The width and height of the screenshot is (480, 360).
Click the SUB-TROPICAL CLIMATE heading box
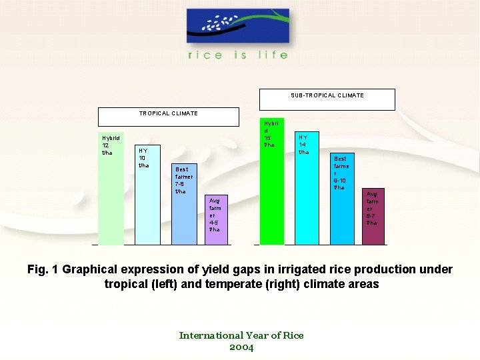[327, 99]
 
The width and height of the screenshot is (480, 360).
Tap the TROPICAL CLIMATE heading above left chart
[168, 116]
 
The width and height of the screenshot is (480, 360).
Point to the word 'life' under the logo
[274, 55]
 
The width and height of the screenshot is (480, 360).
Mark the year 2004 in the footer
[241, 347]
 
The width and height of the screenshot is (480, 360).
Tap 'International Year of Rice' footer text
[241, 335]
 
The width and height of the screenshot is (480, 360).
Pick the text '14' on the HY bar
[302, 145]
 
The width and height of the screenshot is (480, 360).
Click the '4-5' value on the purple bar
[213, 223]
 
